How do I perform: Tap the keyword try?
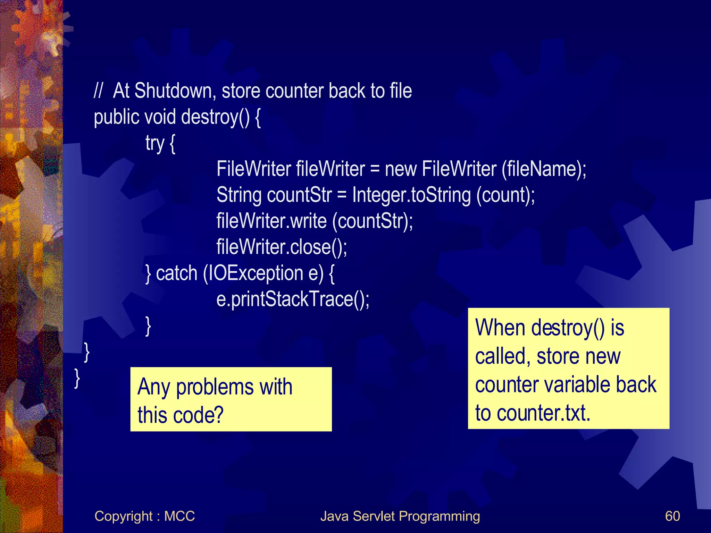coord(154,143)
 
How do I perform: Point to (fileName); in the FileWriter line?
coord(544,169)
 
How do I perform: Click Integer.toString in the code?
coord(411,195)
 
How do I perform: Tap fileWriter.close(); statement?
coord(282,247)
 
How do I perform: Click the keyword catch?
coord(177,273)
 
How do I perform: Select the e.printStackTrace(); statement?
coord(293,299)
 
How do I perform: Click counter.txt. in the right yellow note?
coord(543,413)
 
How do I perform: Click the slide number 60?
coord(672,516)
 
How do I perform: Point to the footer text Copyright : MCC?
coord(144,516)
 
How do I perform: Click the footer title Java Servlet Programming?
coord(400,516)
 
